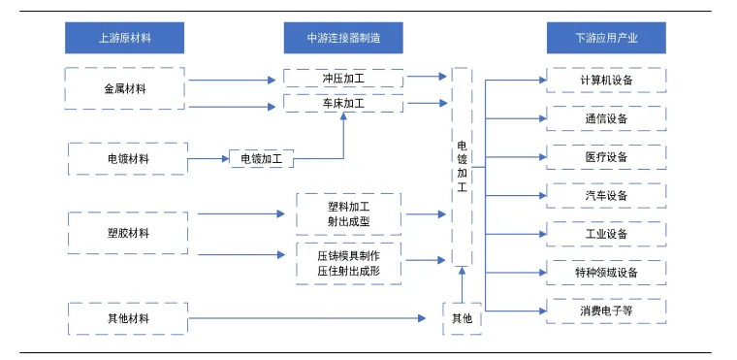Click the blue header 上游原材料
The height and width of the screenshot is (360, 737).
coord(124,38)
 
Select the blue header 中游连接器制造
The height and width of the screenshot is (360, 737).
coord(343,38)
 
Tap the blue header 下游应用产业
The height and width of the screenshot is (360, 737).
coord(606,38)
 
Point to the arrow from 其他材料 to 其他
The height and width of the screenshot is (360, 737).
coord(307,318)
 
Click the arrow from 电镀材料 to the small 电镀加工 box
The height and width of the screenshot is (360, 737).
coord(208,159)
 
